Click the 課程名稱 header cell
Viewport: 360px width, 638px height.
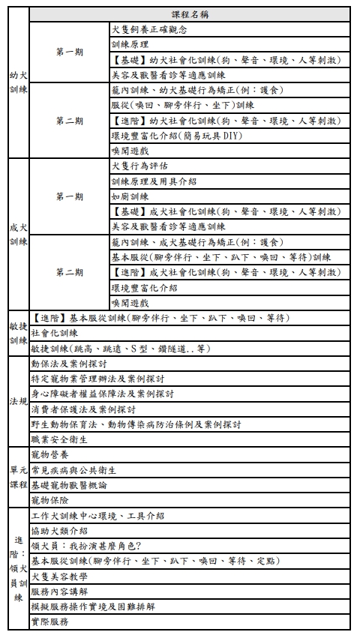[x=189, y=14]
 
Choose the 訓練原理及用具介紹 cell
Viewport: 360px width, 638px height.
[x=153, y=181]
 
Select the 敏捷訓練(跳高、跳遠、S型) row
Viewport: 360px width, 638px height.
[x=120, y=349]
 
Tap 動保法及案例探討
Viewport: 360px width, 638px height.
[x=68, y=364]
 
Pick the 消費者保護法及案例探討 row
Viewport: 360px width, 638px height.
[x=83, y=409]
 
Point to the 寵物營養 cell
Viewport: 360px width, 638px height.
[x=49, y=455]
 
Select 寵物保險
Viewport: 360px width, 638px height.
[x=49, y=500]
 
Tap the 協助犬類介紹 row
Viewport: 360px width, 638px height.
[x=59, y=531]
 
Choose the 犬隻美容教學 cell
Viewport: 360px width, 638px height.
[x=59, y=577]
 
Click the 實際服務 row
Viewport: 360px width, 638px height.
[x=49, y=622]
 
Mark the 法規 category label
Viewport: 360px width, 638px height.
[x=19, y=402]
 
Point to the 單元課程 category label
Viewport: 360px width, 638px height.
[x=19, y=478]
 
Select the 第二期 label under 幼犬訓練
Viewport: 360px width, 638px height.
[x=69, y=121]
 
